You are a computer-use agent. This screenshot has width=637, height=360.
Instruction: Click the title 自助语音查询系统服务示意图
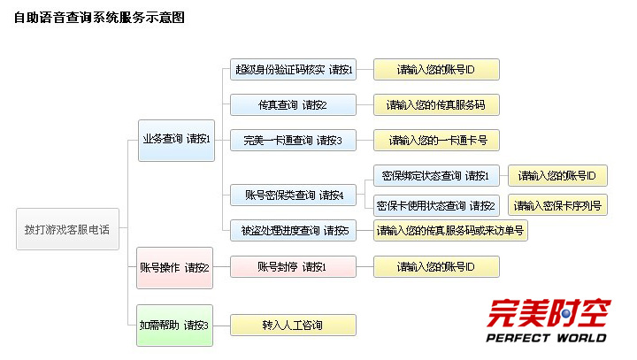coord(99,17)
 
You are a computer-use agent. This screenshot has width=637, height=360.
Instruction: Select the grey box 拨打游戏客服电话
coord(67,229)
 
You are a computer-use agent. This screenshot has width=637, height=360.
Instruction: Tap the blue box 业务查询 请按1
coord(176,139)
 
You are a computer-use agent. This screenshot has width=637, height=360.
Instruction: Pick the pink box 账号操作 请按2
coord(175,267)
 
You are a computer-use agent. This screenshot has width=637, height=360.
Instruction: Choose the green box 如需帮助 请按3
coord(175,325)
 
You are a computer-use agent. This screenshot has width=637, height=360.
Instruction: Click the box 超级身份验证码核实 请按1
coord(294,69)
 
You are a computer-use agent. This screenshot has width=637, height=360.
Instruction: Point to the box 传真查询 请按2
coord(294,104)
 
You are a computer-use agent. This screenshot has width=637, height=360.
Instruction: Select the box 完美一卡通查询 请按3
coord(294,140)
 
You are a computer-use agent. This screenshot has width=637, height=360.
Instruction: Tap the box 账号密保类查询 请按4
coord(294,195)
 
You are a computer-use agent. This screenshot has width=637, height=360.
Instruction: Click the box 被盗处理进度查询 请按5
coord(294,231)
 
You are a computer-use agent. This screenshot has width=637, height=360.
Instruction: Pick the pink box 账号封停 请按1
coord(294,266)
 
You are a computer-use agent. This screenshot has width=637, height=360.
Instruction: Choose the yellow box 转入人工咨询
coord(294,325)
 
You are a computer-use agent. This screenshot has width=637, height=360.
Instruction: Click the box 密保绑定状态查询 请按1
coord(435,175)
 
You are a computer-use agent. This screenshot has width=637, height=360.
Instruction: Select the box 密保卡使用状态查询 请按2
coord(435,205)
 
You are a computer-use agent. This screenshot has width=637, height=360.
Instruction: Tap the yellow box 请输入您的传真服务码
coord(436,104)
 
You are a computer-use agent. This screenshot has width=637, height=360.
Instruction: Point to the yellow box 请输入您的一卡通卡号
coord(436,140)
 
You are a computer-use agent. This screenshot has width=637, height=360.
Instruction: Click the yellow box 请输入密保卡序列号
coord(558,205)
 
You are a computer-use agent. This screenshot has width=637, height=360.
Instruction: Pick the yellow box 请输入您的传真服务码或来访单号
coord(450,231)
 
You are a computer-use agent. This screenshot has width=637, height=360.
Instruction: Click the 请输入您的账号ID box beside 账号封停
coord(436,266)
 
